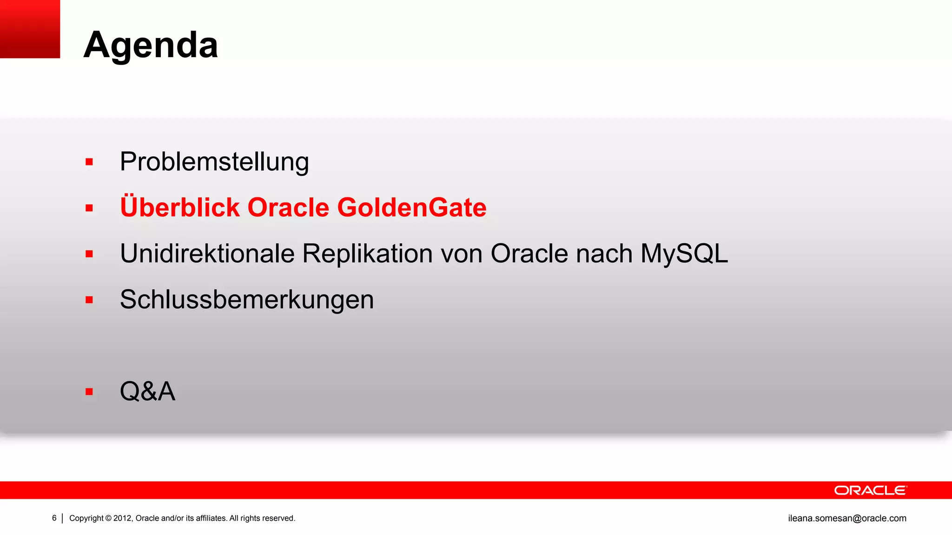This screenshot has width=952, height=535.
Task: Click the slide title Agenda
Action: click(151, 45)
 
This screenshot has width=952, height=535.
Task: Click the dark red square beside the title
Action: click(30, 29)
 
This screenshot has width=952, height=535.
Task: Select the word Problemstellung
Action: click(214, 162)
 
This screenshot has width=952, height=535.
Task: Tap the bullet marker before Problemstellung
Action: click(89, 162)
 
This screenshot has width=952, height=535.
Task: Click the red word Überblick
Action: click(179, 207)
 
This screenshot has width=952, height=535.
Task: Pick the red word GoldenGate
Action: click(411, 207)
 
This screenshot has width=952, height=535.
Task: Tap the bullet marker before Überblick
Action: click(89, 208)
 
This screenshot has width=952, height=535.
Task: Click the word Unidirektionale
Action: click(207, 254)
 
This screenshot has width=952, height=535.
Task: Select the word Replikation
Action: click(367, 254)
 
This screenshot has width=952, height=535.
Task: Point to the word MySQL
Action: click(684, 254)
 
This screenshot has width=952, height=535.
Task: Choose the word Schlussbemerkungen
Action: click(247, 300)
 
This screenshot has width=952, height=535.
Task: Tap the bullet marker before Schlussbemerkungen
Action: click(89, 300)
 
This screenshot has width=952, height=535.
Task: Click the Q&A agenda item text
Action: click(147, 391)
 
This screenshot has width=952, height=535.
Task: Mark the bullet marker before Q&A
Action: click(89, 392)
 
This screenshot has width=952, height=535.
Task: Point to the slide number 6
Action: click(54, 518)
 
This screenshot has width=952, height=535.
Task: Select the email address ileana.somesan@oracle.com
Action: click(847, 518)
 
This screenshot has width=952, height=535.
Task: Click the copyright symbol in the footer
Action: click(108, 518)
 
